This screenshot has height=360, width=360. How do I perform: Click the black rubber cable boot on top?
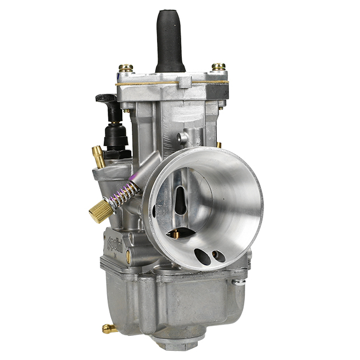(x=171, y=40)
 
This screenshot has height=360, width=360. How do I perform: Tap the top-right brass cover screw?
(x=218, y=68)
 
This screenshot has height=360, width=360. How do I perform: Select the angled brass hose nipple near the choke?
(x=99, y=155)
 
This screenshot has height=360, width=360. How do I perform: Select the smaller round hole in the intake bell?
(x=218, y=256)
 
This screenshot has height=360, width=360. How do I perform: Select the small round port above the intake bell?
(x=182, y=137)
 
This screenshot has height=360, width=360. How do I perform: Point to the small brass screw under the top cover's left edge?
(x=127, y=111)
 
